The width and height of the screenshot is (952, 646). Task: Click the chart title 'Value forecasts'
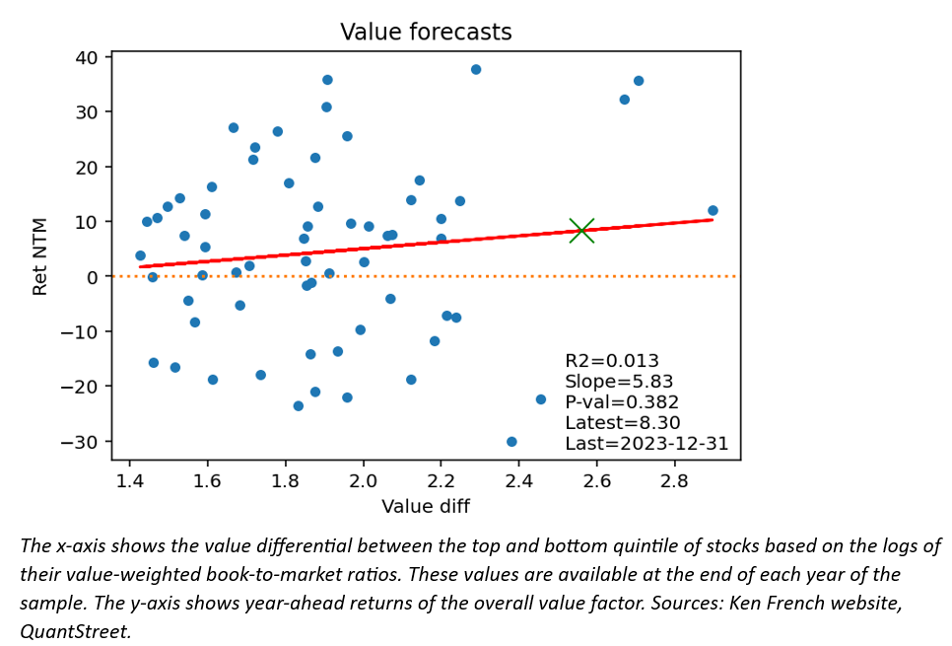[x=426, y=33]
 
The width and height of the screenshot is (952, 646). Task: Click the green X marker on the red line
[x=581, y=231]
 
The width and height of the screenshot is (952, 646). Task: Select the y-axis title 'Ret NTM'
[x=40, y=256]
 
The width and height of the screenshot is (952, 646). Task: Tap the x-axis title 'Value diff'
[x=426, y=506]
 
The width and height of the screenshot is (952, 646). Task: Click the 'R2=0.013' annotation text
[x=611, y=361]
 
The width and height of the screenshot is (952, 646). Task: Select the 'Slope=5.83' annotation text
[x=618, y=382]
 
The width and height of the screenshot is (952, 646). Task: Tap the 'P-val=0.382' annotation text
[x=621, y=402]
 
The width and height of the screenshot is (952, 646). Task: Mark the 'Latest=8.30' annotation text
[x=621, y=423]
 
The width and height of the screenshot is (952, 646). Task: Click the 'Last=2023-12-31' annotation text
[x=646, y=444]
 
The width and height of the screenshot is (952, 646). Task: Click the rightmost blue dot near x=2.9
[x=713, y=210]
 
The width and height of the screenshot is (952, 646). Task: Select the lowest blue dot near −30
[x=511, y=442]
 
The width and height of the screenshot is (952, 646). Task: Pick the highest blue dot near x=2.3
[x=476, y=69]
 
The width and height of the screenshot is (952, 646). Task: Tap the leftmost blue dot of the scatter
[x=140, y=255]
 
